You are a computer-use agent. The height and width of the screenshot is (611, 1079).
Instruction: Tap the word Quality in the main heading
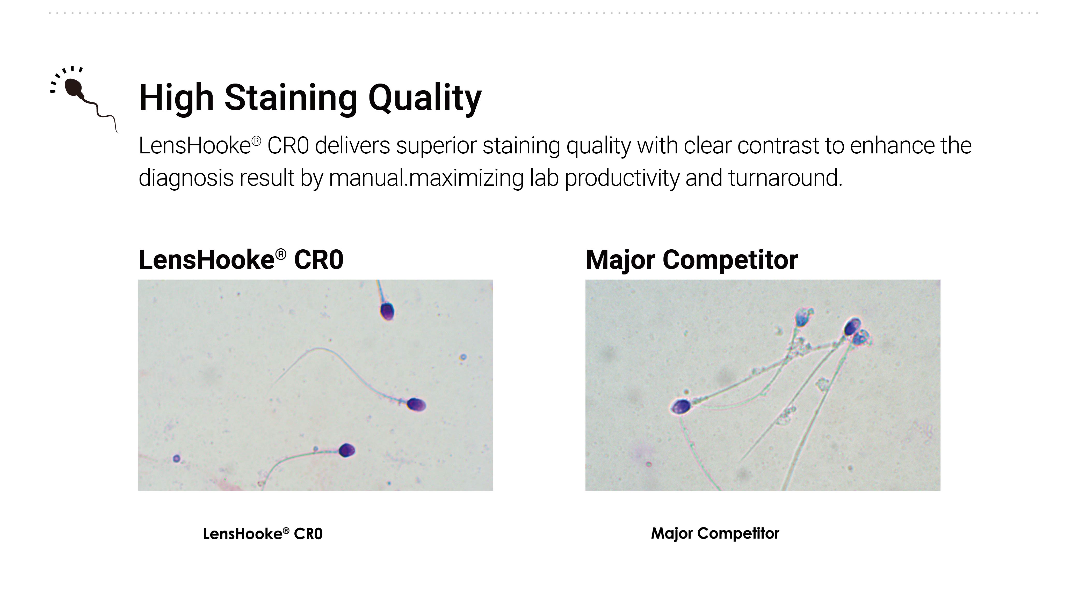tap(425, 98)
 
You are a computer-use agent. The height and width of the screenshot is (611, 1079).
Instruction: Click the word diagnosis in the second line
tap(186, 178)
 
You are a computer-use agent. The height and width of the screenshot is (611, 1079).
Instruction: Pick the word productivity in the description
tap(622, 178)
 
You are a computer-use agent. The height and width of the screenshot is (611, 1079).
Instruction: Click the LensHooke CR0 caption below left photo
tap(263, 534)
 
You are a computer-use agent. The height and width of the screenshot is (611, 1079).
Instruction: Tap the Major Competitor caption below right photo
tap(715, 533)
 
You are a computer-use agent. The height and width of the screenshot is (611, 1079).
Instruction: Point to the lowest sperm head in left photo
tap(347, 450)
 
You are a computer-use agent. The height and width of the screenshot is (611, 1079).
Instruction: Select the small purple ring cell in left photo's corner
tap(176, 459)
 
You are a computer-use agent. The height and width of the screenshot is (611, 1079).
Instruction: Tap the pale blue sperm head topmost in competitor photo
tap(803, 318)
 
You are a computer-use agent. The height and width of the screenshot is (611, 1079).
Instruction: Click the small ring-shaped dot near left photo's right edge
tap(463, 357)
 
